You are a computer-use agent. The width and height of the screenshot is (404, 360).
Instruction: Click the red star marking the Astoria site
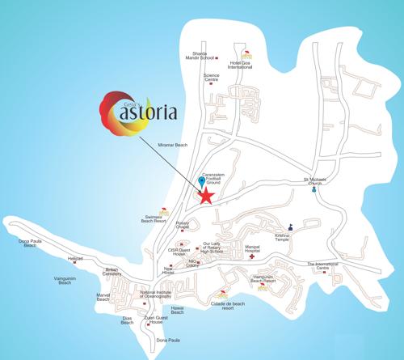click(x=207, y=196)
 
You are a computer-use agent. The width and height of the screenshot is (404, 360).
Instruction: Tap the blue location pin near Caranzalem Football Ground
click(x=201, y=181)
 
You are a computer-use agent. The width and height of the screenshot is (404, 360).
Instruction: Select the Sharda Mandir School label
click(x=198, y=56)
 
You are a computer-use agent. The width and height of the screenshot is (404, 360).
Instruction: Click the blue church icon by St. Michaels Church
click(x=313, y=192)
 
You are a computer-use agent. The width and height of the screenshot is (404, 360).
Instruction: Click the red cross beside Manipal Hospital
click(x=251, y=266)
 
